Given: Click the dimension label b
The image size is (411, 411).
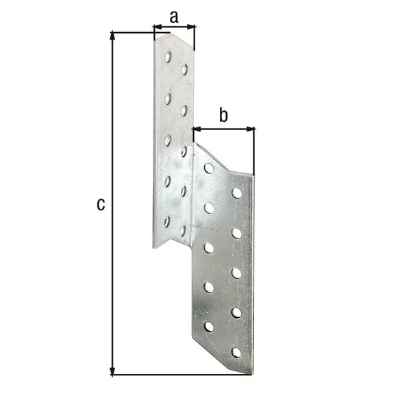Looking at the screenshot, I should pos(223,115).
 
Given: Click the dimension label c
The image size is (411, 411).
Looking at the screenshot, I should pos(101,203).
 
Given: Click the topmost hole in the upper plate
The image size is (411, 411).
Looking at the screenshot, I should pos(169,57).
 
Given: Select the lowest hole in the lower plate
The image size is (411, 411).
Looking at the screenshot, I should pos(236,352).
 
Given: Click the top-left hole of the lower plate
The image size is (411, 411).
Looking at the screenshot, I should pos(209,168).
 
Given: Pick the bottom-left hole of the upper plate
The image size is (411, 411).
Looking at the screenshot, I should pos(167,221).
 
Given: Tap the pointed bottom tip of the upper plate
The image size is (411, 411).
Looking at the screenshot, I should pos(153,247).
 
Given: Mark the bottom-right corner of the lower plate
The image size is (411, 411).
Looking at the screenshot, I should pos(251,374).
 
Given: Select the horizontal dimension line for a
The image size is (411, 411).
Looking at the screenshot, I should pos(175,27).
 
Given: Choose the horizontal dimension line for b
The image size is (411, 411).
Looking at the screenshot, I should pos(224,128).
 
